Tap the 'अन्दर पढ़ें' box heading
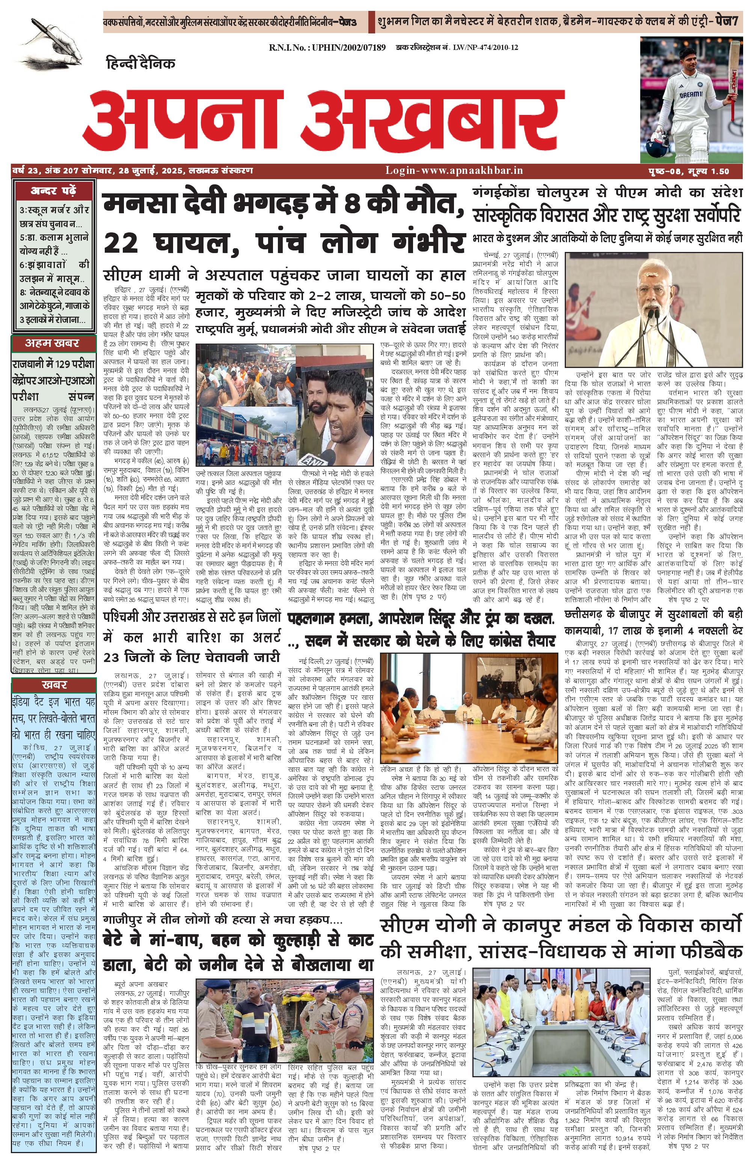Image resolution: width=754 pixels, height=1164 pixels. pyautogui.click(x=53, y=191)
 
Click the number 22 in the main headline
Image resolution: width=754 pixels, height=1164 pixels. pyautogui.click(x=123, y=242)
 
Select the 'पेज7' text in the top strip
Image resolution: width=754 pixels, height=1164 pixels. pyautogui.click(x=728, y=22)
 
